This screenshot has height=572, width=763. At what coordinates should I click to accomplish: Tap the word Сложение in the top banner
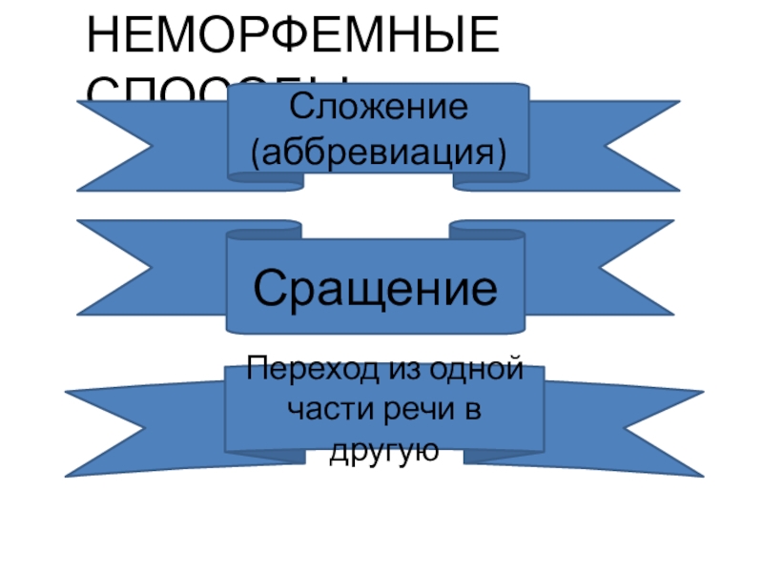379,106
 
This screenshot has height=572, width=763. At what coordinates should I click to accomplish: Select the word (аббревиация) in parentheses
379,151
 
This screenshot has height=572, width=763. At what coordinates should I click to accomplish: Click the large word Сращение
376,286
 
